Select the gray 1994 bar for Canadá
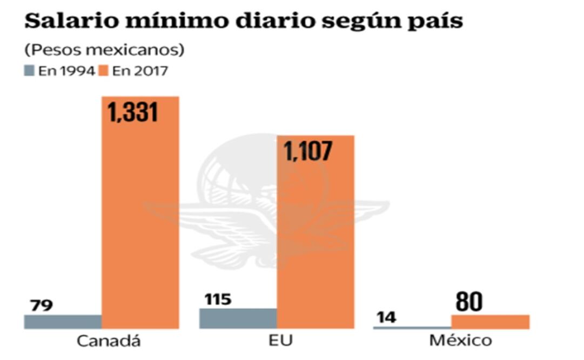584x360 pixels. click(x=63, y=322)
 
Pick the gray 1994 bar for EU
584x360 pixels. click(x=238, y=318)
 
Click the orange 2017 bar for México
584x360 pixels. click(x=490, y=322)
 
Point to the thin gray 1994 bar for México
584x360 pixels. click(x=412, y=328)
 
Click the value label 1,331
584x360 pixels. click(x=133, y=112)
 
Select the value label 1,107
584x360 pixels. click(x=308, y=151)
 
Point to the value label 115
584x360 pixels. click(x=218, y=299)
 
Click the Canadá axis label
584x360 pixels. click(x=109, y=342)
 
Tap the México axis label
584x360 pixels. click(x=461, y=342)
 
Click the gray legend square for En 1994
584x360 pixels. click(x=29, y=71)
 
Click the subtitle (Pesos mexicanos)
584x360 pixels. click(x=104, y=50)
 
